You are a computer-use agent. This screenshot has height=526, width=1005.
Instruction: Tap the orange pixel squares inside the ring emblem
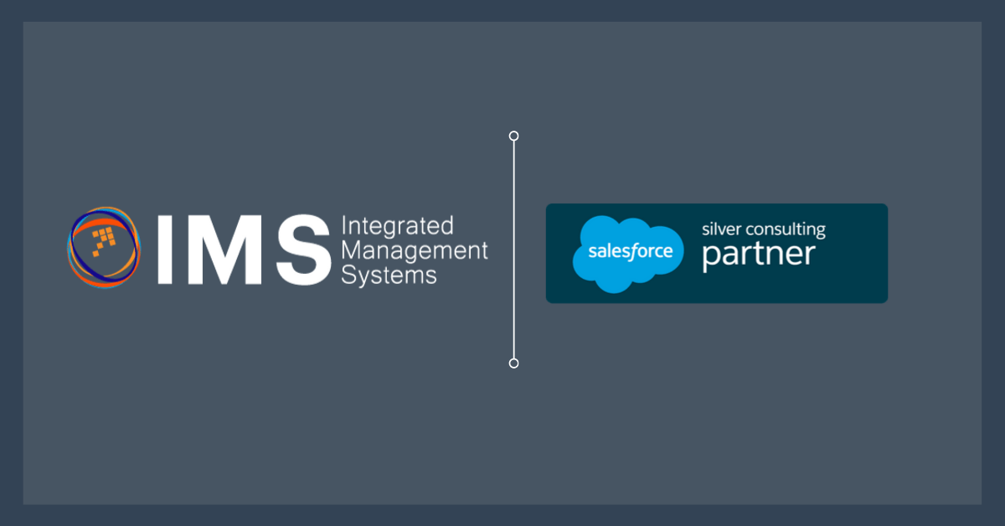(104, 241)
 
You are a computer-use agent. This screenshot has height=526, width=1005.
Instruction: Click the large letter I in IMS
(165, 250)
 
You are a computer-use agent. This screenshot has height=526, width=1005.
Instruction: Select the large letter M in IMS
(224, 250)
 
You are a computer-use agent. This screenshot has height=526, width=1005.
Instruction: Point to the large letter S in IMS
(304, 250)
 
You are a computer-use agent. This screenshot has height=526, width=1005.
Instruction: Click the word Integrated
(398, 227)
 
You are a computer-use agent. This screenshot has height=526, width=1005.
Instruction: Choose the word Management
(415, 251)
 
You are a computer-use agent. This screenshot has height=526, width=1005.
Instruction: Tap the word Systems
(389, 275)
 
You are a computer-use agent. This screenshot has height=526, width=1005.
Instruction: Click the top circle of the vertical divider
(513, 136)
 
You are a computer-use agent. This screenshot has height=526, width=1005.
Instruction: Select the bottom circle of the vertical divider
(513, 363)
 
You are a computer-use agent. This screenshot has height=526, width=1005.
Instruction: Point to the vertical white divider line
(513, 250)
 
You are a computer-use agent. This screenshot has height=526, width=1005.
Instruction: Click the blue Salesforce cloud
(628, 254)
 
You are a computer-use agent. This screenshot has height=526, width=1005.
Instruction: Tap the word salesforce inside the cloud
(631, 252)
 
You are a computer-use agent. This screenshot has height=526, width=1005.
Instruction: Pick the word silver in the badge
(721, 229)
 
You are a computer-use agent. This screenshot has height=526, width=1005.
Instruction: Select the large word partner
(758, 255)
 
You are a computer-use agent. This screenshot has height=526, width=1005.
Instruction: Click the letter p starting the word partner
(711, 258)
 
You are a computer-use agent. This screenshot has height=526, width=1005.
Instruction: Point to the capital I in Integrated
(343, 226)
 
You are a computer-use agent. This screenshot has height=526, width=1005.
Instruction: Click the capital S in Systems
(348, 275)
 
